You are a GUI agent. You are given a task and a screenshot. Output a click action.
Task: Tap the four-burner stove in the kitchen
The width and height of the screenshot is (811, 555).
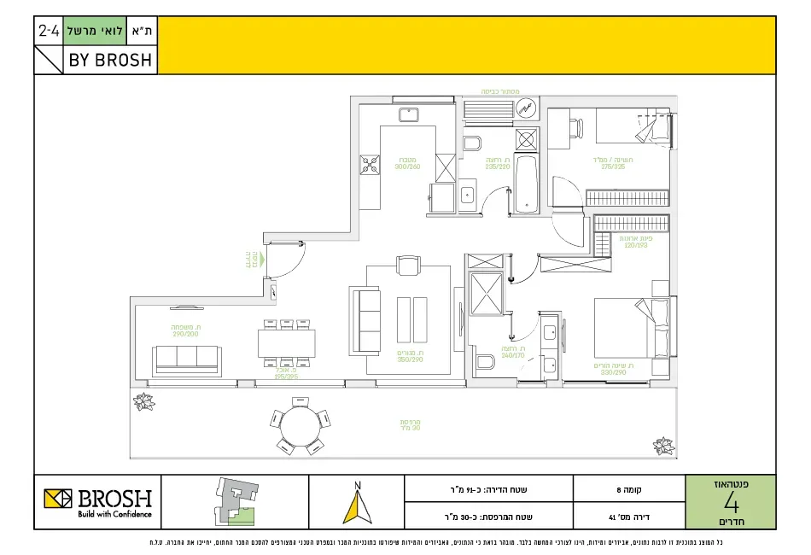[x=370, y=165]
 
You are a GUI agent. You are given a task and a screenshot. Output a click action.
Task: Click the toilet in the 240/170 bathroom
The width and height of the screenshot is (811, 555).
[x=485, y=361]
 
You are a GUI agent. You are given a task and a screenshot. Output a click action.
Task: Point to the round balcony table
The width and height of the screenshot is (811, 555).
[x=300, y=426]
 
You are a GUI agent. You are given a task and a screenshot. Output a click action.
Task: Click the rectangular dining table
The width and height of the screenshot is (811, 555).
[x=286, y=342]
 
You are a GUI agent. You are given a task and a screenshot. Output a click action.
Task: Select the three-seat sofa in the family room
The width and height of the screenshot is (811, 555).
[x=186, y=359]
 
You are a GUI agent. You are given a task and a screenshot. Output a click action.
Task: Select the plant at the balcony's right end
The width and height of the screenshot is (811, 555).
[x=663, y=446]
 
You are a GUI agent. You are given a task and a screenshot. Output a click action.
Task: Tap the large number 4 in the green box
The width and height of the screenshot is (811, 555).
[x=731, y=500]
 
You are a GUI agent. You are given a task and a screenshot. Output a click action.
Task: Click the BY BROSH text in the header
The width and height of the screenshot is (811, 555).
[x=110, y=60]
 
